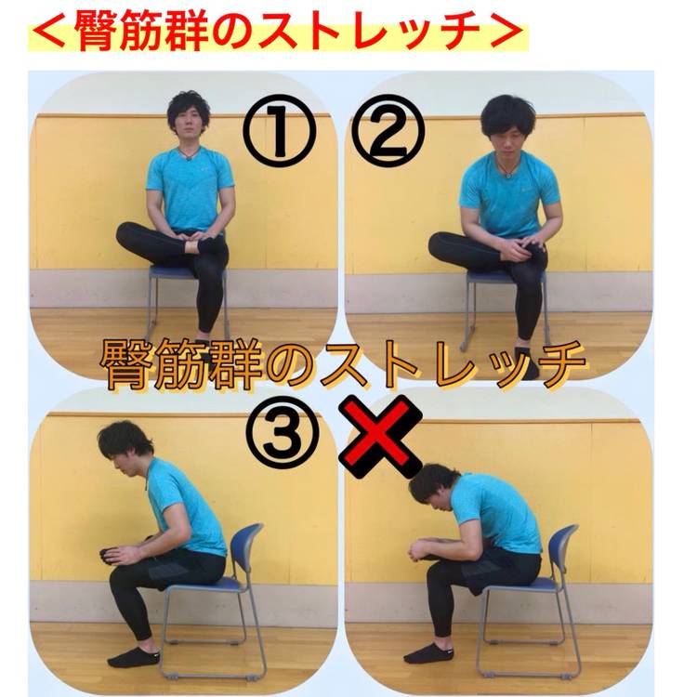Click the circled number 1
tap(279, 131)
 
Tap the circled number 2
tap(388, 131)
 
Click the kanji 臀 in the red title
tap(99, 31)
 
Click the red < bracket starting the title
tap(49, 31)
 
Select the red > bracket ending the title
tap(506, 31)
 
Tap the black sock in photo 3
tap(133, 657)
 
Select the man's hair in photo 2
tap(507, 113)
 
